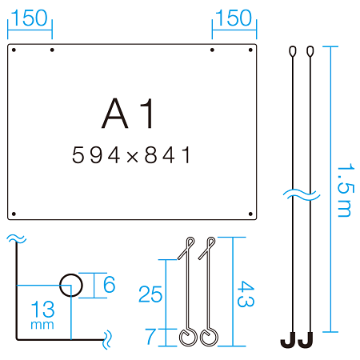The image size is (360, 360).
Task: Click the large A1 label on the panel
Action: (128, 113)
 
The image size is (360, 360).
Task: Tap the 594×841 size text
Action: (131, 154)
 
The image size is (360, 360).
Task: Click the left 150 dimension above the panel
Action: (29, 18)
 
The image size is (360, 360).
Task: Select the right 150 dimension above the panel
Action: (234, 18)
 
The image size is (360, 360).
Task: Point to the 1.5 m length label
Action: (346, 190)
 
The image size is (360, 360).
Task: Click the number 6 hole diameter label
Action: (110, 284)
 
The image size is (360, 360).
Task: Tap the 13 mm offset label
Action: (42, 314)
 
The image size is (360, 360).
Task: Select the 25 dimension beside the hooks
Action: (150, 294)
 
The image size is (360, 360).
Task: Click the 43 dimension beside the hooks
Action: (246, 294)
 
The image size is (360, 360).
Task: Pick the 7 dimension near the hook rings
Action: (150, 337)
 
